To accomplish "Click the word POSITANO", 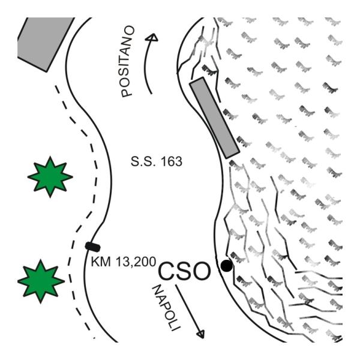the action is pyautogui.click(x=127, y=61).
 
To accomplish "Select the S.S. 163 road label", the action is pyautogui.click(x=155, y=162).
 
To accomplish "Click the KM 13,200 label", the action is pyautogui.click(x=123, y=262).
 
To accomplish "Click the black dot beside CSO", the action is pyautogui.click(x=226, y=265).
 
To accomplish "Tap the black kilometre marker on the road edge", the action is pyautogui.click(x=93, y=246).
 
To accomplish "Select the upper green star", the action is pyautogui.click(x=50, y=176).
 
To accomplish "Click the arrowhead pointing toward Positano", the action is pyautogui.click(x=154, y=37).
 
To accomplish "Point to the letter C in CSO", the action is pyautogui.click(x=168, y=271).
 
